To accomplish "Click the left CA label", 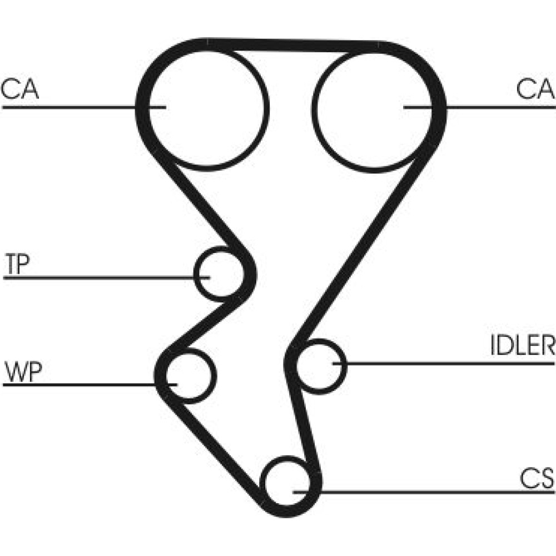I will point(20,89).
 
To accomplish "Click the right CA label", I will point(535,89).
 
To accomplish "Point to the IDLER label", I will point(522,346).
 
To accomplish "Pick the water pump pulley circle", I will point(190,375).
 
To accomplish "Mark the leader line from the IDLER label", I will point(445,364).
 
